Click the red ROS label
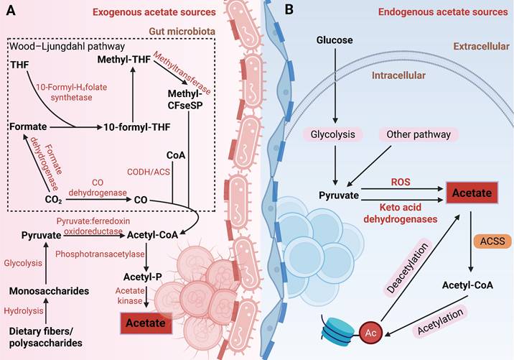point(400,183)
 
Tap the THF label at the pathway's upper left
point(20,65)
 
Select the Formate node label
point(27,126)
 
